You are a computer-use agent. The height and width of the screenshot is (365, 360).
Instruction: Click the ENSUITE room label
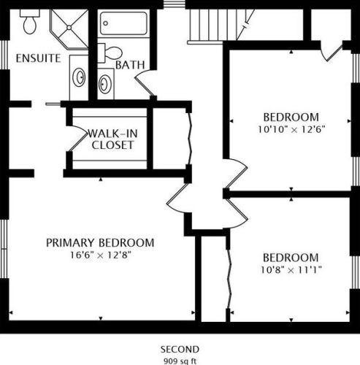click(x=38, y=58)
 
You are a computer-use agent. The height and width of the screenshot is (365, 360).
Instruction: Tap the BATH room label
click(x=130, y=65)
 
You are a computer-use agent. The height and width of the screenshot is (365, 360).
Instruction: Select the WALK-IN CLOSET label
click(x=112, y=139)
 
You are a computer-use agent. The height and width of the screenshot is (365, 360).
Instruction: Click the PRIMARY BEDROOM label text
click(x=100, y=243)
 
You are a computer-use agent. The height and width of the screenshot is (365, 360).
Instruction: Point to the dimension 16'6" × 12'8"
click(x=101, y=255)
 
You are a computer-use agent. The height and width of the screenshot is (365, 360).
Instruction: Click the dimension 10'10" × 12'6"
click(x=291, y=129)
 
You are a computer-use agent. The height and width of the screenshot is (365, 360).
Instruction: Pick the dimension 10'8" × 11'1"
click(x=291, y=270)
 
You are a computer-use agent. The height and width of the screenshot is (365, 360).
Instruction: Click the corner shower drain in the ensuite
click(x=69, y=28)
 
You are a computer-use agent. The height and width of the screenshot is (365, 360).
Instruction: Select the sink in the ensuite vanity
click(x=80, y=77)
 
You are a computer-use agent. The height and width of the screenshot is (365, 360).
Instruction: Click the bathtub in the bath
click(x=123, y=23)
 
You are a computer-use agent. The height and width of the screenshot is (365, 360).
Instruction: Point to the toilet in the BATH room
click(x=110, y=53)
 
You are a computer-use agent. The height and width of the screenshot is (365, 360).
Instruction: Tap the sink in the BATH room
click(x=105, y=84)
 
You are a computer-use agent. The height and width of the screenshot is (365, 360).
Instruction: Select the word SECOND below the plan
click(x=180, y=350)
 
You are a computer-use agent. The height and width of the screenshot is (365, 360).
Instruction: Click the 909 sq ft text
click(x=180, y=361)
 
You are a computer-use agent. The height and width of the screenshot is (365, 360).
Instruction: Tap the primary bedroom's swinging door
click(x=177, y=198)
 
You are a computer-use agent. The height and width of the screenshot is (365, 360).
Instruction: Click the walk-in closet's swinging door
click(x=78, y=139)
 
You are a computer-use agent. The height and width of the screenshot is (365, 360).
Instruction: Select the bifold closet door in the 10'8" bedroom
click(x=229, y=280)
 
